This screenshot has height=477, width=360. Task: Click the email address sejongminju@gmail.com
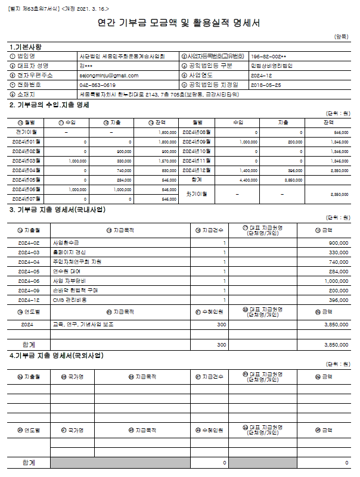pos(108,76)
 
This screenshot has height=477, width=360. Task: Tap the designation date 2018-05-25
pos(266,85)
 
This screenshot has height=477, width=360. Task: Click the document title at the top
pos(179,24)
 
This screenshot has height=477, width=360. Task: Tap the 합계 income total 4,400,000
pos(249,179)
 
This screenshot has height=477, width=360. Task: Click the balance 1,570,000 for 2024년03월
pos(169,161)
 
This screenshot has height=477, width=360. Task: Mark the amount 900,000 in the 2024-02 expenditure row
pos(339,243)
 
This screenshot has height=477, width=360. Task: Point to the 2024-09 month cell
pos(29,291)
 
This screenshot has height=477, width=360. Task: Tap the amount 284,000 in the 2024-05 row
pos(339,272)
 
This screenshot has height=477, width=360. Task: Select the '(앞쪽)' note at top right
pos(342,37)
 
